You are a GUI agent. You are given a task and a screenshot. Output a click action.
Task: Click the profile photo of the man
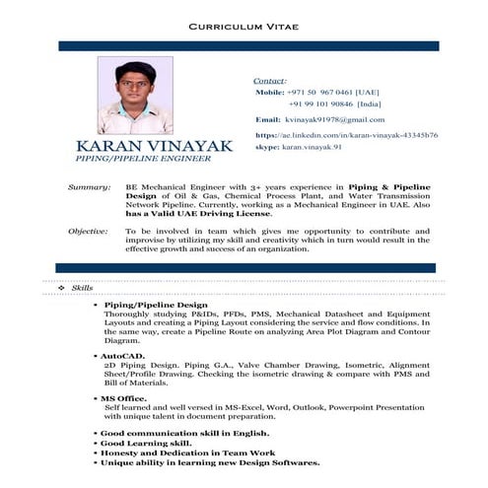(x=135, y=96)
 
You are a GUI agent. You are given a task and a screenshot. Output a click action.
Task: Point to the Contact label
(x=270, y=79)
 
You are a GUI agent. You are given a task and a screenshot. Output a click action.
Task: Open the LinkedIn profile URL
(x=346, y=134)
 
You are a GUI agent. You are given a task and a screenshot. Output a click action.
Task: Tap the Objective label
(x=88, y=230)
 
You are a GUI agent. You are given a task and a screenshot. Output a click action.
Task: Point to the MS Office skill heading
(x=124, y=397)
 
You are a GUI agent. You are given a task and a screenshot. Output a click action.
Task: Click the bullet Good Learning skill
(x=146, y=444)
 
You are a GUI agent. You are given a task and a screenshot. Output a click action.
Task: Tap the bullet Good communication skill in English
(x=183, y=433)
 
